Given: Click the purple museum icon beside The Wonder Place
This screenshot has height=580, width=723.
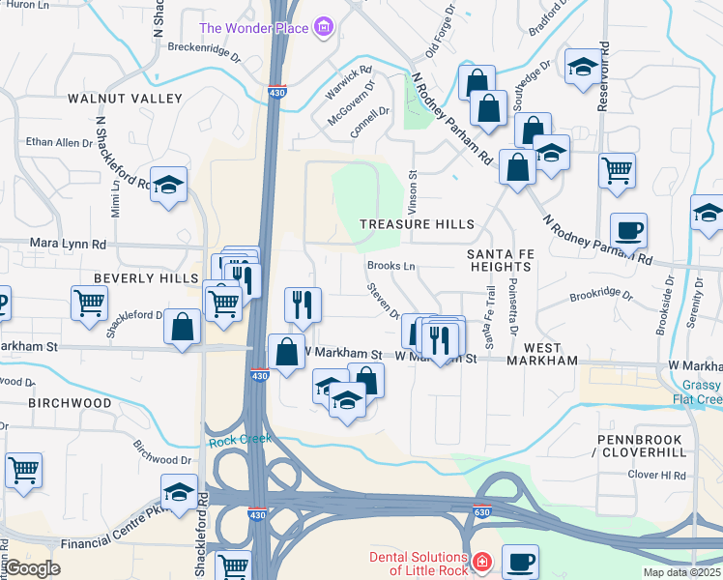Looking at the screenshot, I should click(324, 28).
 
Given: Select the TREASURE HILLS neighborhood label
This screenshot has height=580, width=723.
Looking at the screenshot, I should click(417, 223).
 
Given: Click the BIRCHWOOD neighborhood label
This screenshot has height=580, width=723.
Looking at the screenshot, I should click(70, 401).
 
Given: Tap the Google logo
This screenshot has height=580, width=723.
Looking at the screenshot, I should click(32, 568).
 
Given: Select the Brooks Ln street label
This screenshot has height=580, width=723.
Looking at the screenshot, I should click(390, 266).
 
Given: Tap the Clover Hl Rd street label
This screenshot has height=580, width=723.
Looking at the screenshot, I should click(656, 476).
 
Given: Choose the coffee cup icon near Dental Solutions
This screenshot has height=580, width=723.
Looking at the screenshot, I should click(520, 560).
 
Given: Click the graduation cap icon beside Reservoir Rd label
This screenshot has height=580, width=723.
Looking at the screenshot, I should click(583, 67).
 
